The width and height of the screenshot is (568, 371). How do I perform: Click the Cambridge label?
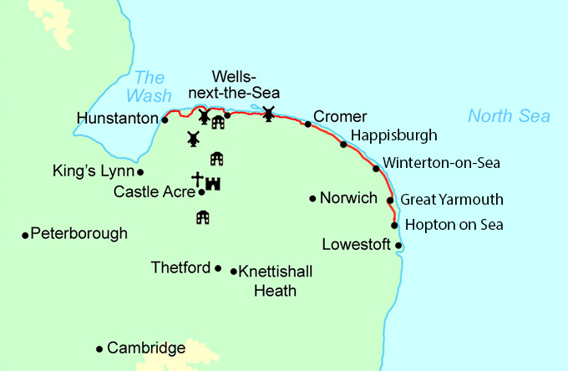(x=146, y=348)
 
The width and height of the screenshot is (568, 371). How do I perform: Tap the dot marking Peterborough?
(x=25, y=235)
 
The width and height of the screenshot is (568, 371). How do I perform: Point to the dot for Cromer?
(x=307, y=125)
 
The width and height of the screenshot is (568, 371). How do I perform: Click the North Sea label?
(x=509, y=116)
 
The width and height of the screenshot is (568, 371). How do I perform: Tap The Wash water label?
(x=151, y=86)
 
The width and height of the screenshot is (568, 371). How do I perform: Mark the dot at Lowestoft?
(x=398, y=246)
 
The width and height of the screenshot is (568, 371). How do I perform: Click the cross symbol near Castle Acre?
(x=197, y=180)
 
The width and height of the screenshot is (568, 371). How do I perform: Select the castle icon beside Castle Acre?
(x=212, y=182)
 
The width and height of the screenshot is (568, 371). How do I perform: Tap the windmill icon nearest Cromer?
(x=268, y=113)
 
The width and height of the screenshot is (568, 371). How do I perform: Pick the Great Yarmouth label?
(x=452, y=200)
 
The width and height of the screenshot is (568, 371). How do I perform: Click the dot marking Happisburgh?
(x=343, y=145)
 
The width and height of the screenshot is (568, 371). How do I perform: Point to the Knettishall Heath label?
(x=267, y=281)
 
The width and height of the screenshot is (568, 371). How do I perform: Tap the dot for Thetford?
(x=218, y=268)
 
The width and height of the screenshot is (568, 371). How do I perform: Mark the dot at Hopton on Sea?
(x=394, y=225)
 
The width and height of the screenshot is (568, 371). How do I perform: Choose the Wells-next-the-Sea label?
(x=246, y=84)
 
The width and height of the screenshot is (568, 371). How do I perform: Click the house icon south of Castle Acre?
(x=201, y=217)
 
